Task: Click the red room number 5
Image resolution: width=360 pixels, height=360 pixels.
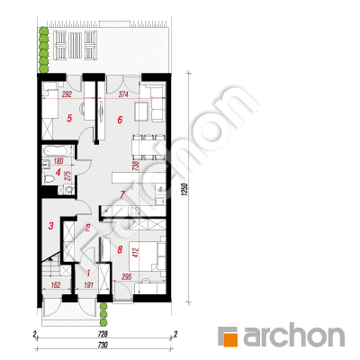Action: [x=69, y=118]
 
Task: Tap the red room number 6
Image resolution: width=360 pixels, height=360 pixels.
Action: [x=120, y=120]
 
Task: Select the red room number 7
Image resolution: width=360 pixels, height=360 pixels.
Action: [x=122, y=194]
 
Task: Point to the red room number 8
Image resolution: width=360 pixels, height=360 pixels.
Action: [x=120, y=249]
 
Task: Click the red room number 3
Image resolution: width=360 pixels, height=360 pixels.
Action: [x=51, y=226]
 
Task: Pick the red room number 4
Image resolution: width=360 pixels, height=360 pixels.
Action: [x=58, y=173]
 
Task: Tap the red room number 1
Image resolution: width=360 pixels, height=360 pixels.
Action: [x=88, y=273]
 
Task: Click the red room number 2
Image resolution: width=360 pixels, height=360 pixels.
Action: [x=87, y=228]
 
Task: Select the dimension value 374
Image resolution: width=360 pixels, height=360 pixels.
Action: [x=123, y=94]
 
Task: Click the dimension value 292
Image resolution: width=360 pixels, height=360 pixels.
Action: [x=67, y=94]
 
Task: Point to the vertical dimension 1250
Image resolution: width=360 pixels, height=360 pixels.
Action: [x=185, y=191]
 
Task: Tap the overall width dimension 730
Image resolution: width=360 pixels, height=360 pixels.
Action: [x=103, y=346]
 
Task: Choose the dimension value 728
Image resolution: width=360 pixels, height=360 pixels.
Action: [x=103, y=334]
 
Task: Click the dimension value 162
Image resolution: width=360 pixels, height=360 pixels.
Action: [x=55, y=284]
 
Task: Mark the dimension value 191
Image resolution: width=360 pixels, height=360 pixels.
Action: [x=87, y=284]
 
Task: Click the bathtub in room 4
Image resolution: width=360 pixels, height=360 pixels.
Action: [x=58, y=151]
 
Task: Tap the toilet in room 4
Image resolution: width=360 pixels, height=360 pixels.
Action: [x=49, y=179]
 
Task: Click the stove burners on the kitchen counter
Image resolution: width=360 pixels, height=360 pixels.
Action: [x=134, y=211]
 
